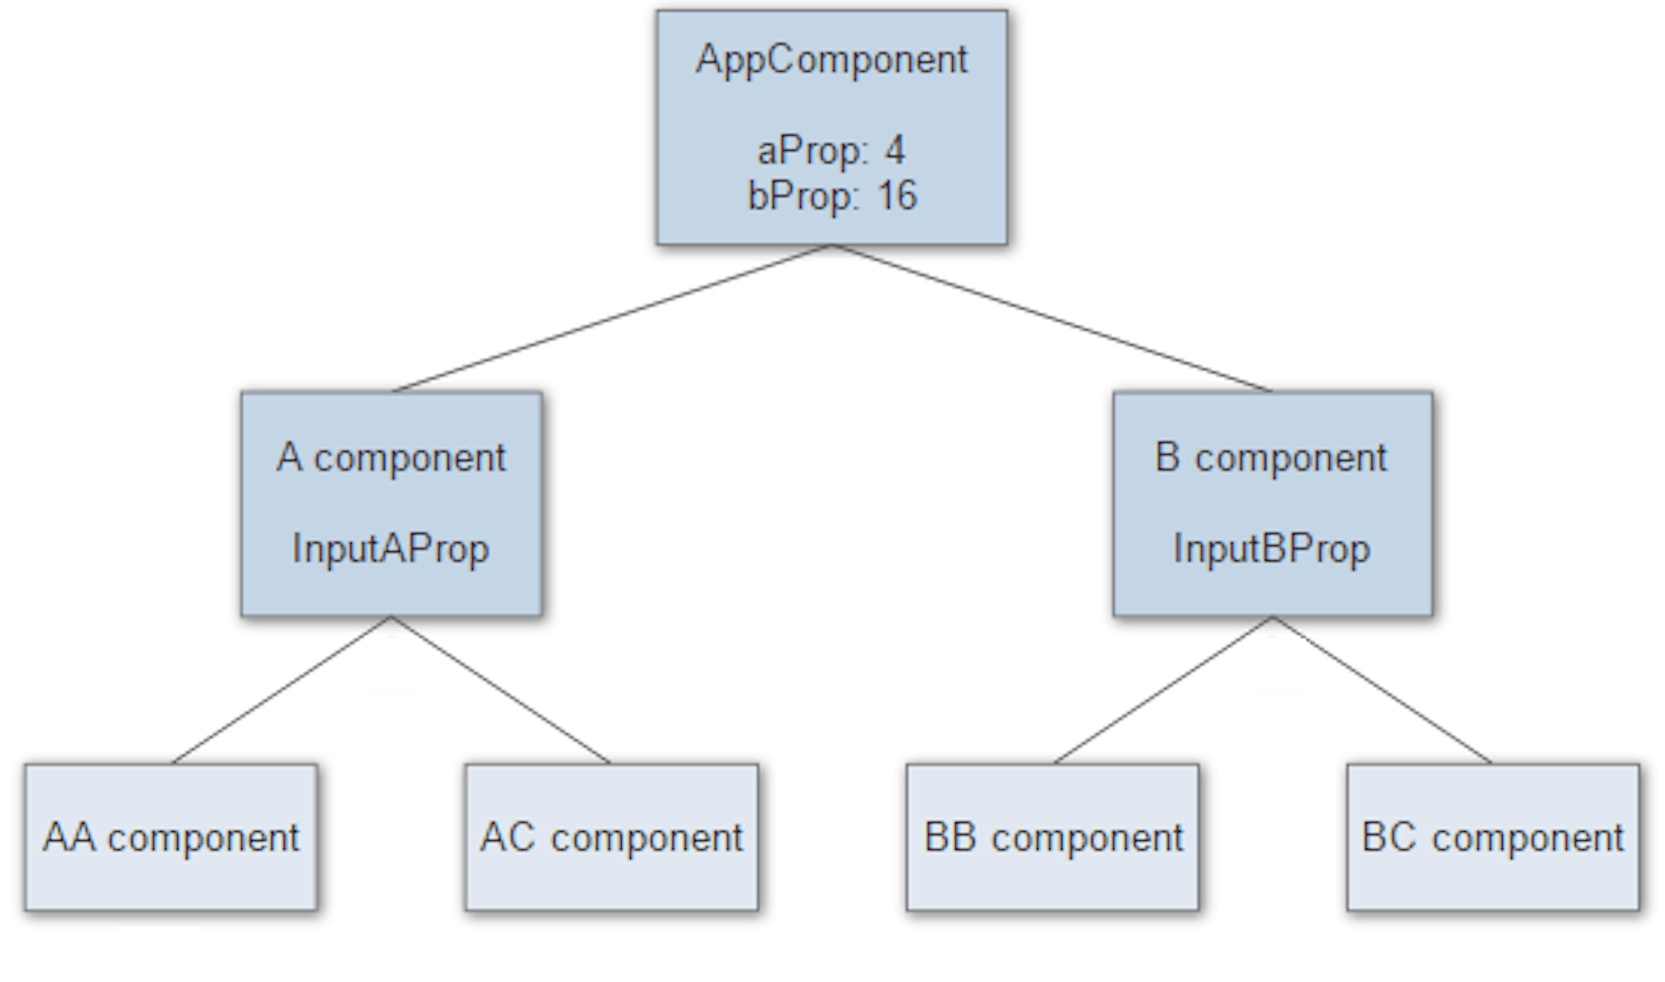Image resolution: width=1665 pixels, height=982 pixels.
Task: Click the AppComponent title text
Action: tap(831, 59)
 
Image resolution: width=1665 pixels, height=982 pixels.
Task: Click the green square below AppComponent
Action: tap(835, 290)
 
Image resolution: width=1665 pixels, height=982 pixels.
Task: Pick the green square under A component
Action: tap(392, 664)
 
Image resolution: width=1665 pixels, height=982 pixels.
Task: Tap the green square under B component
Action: tap(1279, 664)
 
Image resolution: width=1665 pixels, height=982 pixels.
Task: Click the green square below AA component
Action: tap(157, 956)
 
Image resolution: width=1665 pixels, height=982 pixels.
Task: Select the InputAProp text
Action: tap(390, 549)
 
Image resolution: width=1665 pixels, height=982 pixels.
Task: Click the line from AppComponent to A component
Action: tap(612, 318)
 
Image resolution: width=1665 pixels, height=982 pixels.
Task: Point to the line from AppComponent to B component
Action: tap(1051, 318)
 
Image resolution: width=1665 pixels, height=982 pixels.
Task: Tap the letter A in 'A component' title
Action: tap(289, 457)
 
